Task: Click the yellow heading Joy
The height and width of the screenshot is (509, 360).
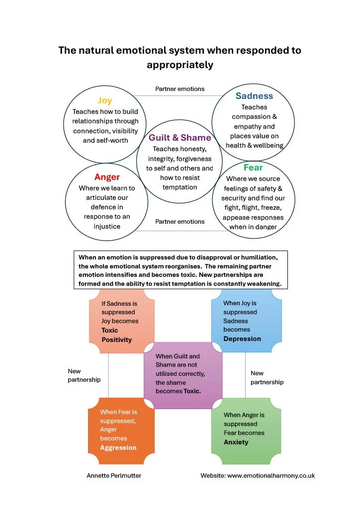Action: [105, 100]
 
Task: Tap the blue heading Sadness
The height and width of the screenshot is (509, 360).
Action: [254, 96]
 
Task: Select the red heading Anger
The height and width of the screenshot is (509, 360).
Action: [107, 177]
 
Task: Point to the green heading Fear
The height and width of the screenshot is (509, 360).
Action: [253, 168]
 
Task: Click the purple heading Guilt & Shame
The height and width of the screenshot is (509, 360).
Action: [180, 138]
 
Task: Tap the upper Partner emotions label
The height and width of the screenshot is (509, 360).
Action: [180, 89]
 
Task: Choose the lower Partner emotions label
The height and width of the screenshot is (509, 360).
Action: [180, 222]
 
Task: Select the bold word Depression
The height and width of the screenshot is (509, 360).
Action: [242, 339]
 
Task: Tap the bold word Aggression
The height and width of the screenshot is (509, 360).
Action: [118, 448]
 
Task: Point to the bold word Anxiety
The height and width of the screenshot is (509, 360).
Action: [236, 442]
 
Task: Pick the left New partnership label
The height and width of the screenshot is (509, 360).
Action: [84, 375]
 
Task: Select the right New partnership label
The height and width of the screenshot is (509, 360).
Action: [267, 378]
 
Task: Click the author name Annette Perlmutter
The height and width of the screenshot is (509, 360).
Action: [114, 476]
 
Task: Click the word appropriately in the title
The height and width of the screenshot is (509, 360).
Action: [180, 65]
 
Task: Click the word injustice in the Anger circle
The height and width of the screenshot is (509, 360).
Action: [107, 226]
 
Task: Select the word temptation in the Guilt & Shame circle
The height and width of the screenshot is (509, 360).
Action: [180, 187]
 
